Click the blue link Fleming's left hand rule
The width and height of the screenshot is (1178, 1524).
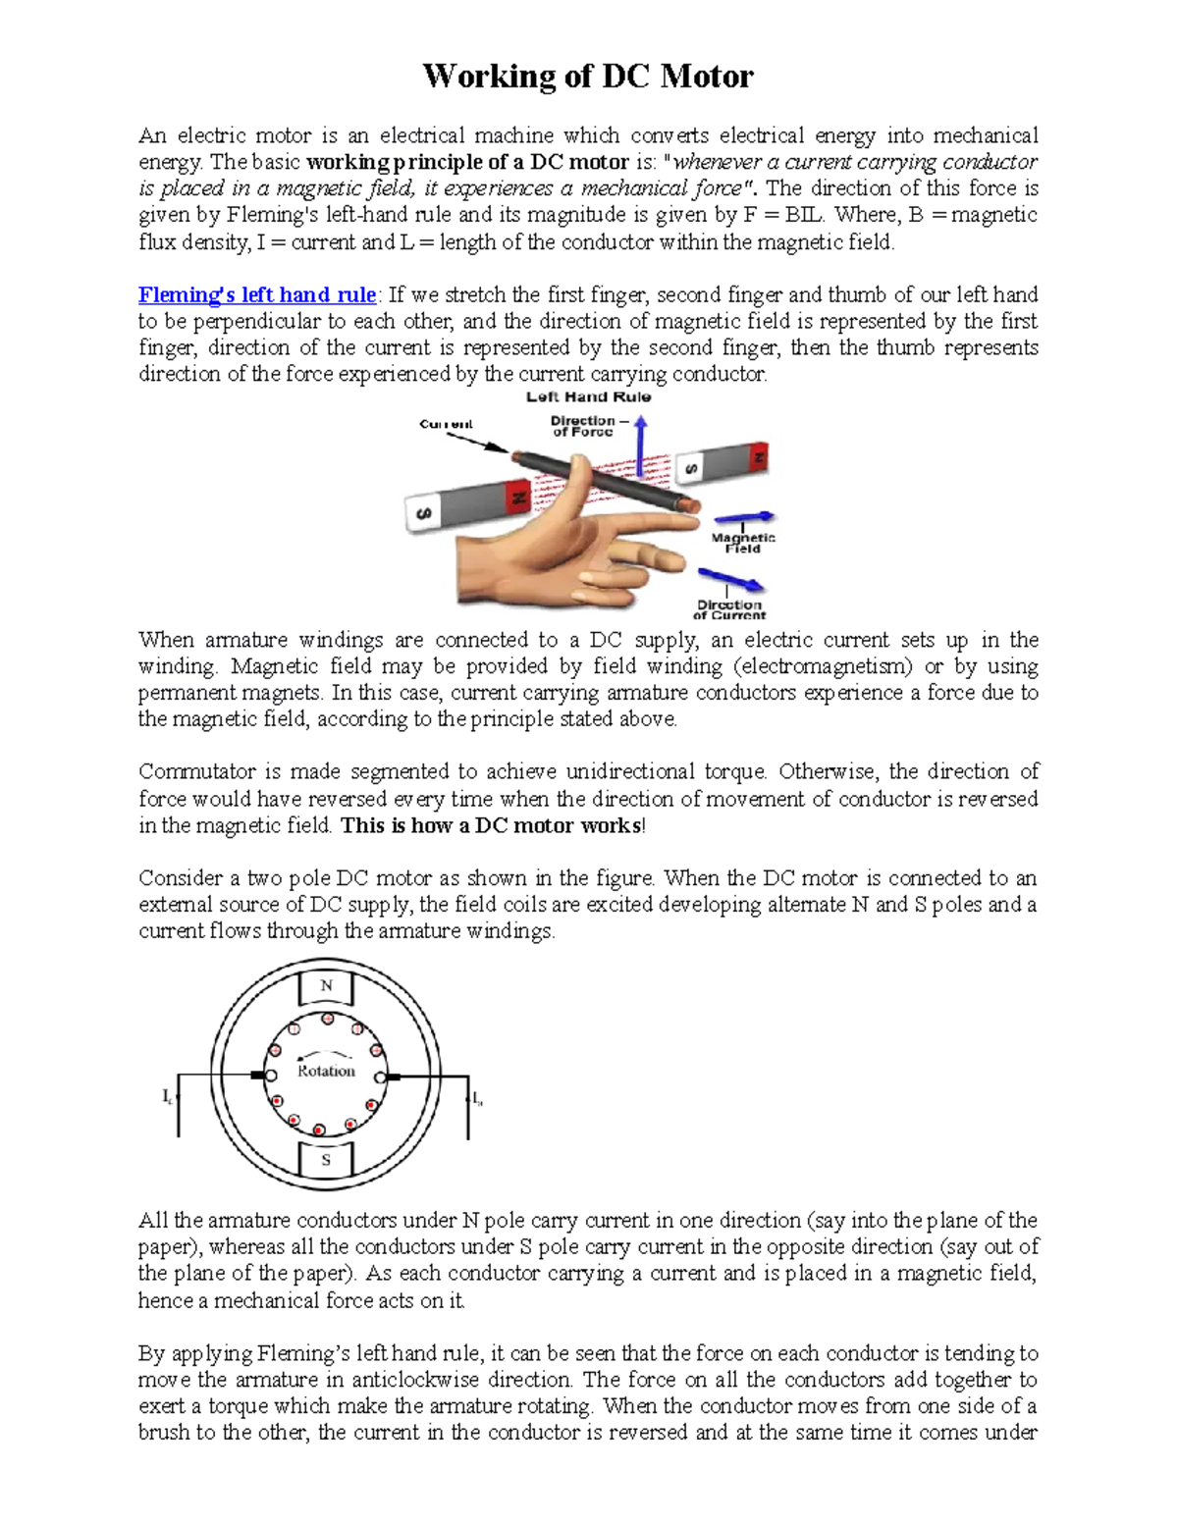point(256,294)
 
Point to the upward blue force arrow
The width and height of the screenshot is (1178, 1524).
point(640,447)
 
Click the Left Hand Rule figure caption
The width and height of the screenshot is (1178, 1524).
point(588,397)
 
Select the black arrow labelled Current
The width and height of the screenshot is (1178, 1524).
point(477,443)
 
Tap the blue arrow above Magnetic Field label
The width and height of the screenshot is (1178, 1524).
point(743,518)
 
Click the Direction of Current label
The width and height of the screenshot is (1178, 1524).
point(728,609)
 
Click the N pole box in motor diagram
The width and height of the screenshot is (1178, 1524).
point(327,986)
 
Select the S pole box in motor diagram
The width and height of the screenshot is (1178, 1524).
point(326,1160)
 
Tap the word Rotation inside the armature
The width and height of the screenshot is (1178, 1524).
point(326,1071)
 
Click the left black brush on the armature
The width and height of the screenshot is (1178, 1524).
point(257,1076)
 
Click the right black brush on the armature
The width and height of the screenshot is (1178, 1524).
point(394,1077)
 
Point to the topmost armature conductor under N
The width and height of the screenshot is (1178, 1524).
point(328,1020)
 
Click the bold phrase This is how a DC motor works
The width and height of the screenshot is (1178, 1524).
point(491,825)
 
